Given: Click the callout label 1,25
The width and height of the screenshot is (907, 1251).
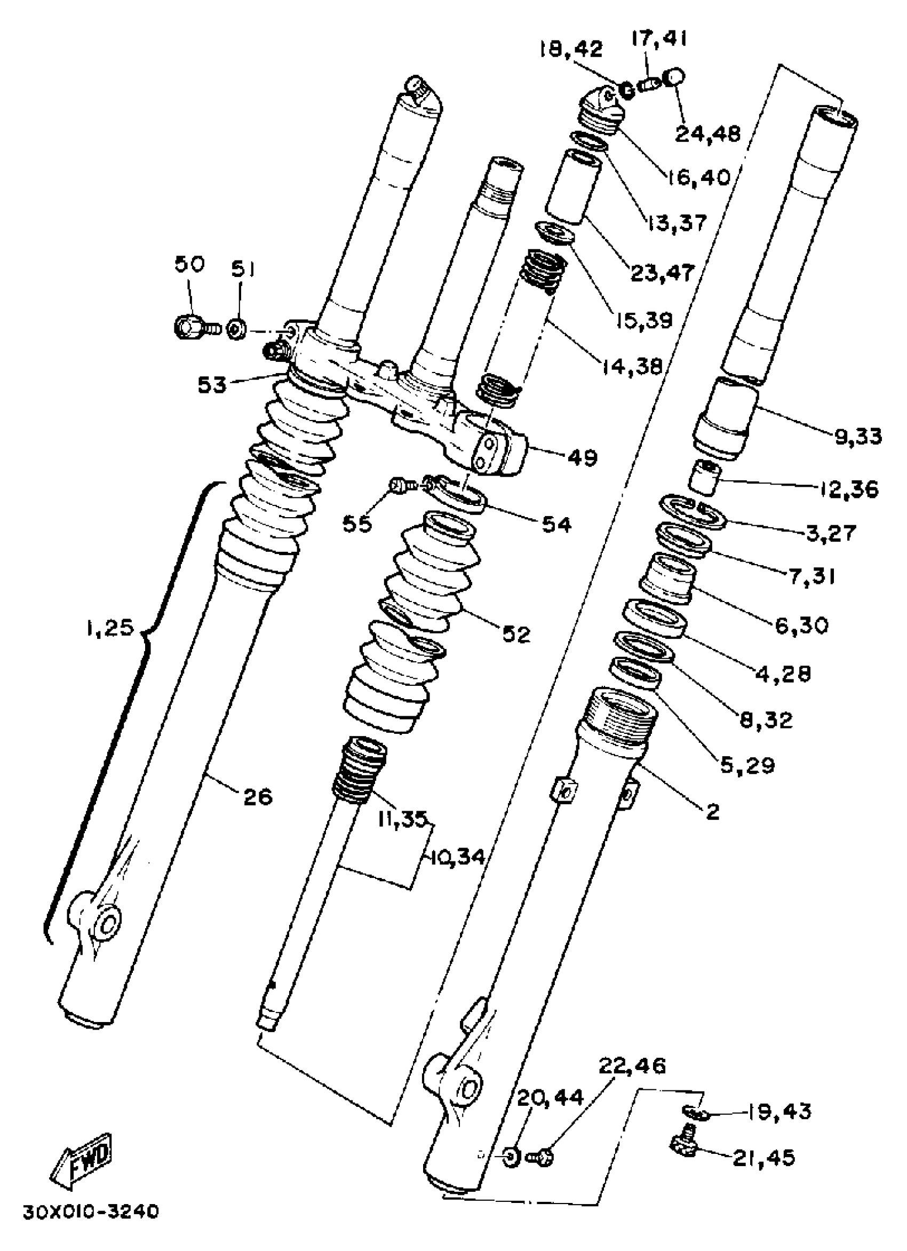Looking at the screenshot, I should tap(110, 627).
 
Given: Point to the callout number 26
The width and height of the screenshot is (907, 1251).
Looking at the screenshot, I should tap(257, 796).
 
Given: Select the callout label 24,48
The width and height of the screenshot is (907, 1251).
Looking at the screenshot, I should tap(709, 134).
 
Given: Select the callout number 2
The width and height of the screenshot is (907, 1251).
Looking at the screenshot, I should tap(712, 812).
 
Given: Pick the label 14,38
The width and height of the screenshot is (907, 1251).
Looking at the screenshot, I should tap(632, 365).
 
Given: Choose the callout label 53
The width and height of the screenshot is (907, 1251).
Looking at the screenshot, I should tap(212, 385).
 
